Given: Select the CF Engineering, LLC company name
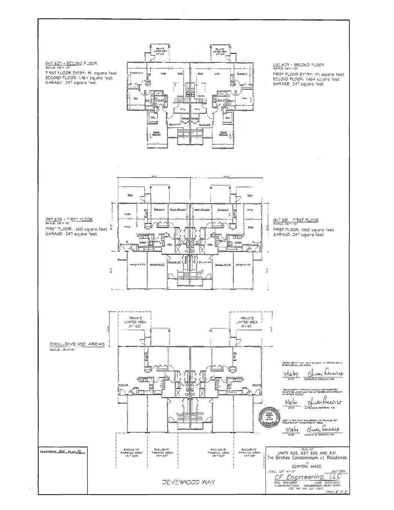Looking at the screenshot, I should [307, 477].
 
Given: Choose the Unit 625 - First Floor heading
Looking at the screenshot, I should [69, 219].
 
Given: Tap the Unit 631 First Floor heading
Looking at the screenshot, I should [296, 220].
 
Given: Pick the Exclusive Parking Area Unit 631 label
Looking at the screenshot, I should [248, 453].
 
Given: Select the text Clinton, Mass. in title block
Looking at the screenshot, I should [306, 466].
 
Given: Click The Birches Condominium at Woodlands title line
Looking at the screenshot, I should [307, 458].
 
